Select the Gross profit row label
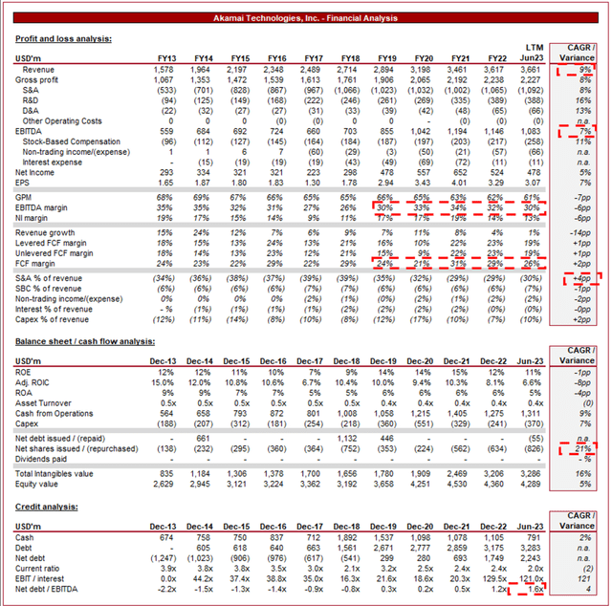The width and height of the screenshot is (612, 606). (37, 78)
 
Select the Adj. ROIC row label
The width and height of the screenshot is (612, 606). (35, 381)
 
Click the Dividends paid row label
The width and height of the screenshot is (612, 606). (43, 458)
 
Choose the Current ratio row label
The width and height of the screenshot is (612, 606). (39, 567)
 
